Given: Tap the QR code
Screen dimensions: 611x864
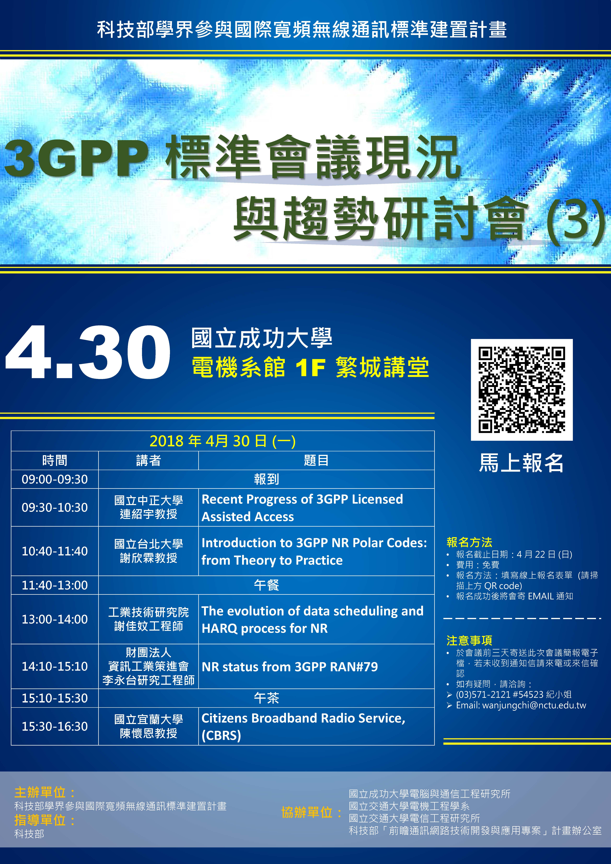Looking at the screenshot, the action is (x=522, y=389).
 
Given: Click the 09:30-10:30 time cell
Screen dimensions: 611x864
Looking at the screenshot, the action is (x=55, y=507).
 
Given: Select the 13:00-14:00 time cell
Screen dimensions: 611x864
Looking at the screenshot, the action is (x=55, y=619).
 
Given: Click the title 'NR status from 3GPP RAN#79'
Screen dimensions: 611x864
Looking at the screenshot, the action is (x=290, y=666).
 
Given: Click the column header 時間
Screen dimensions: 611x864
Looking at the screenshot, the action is (x=55, y=460).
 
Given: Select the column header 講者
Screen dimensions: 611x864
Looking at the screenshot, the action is (x=148, y=460).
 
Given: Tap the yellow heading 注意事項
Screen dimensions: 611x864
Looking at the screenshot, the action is (x=469, y=640).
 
